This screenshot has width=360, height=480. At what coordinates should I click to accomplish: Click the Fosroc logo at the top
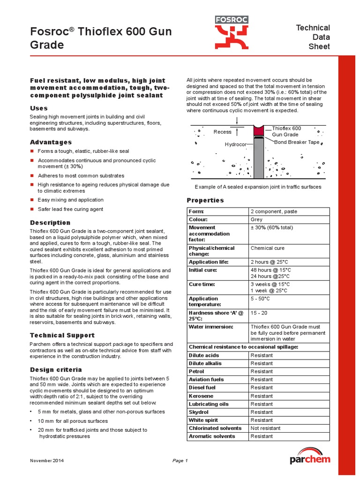click(232, 32)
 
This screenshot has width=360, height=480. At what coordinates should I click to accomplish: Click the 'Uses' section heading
click(39, 108)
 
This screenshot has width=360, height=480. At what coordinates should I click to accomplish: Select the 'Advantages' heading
click(51, 142)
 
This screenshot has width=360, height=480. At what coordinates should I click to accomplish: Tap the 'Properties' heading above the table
click(205, 200)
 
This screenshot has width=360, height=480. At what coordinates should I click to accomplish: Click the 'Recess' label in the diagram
click(222, 132)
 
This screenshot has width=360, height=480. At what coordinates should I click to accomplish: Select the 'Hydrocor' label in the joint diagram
click(235, 144)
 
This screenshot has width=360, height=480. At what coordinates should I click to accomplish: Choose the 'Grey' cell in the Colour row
click(256, 219)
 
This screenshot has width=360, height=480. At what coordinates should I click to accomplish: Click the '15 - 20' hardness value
click(259, 313)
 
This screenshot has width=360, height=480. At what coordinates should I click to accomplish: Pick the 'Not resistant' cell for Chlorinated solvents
click(265, 428)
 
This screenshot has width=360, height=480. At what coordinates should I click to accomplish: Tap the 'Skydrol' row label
click(199, 412)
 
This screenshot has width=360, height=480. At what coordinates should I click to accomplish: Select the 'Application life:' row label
click(209, 262)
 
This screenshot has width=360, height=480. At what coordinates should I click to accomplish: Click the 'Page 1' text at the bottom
click(180, 461)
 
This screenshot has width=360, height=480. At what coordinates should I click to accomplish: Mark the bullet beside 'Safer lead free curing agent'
click(32, 209)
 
